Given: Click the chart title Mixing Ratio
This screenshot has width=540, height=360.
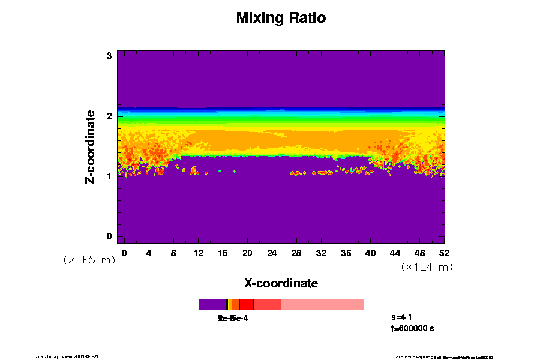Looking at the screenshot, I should (281, 18).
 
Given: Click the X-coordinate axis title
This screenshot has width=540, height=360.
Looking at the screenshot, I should (281, 283).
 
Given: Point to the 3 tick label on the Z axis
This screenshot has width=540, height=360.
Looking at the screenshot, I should (110, 56).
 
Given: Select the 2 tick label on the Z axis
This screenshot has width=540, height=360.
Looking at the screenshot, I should (110, 116).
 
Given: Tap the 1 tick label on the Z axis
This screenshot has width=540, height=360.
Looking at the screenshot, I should (110, 176).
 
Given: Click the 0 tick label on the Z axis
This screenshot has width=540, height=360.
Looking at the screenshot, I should (110, 236).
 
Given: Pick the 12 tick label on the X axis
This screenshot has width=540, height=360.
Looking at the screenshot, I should (198, 253).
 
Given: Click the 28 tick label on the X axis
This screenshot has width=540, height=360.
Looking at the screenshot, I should (296, 253).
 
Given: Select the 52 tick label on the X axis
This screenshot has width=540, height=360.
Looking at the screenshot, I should (444, 253).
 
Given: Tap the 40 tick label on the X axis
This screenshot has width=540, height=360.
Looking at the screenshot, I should (370, 253).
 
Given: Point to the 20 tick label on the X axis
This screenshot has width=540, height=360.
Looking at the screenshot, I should (247, 253).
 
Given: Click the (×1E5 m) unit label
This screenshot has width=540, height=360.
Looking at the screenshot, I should (89, 260).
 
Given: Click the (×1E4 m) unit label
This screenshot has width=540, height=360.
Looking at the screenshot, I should (427, 267).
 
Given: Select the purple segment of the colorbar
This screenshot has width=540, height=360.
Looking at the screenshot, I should (212, 304).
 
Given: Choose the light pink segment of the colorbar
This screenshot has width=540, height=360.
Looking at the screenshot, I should (322, 304).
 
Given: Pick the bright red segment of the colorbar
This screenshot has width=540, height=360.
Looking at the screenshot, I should (246, 304).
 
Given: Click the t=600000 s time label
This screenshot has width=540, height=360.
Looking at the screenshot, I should (412, 328).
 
